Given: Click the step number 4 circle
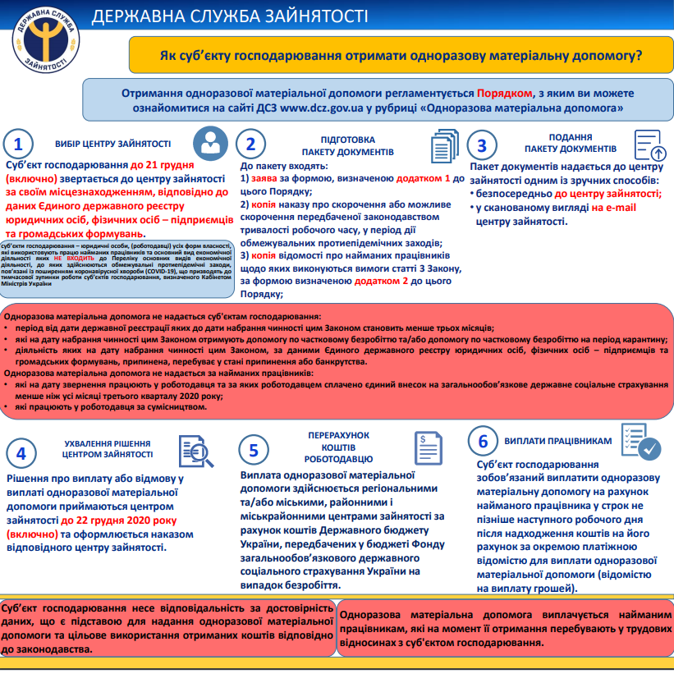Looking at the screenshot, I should coord(21,453).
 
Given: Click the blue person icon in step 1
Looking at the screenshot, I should coord(211,144).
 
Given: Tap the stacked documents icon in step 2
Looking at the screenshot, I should coord(445,146).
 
